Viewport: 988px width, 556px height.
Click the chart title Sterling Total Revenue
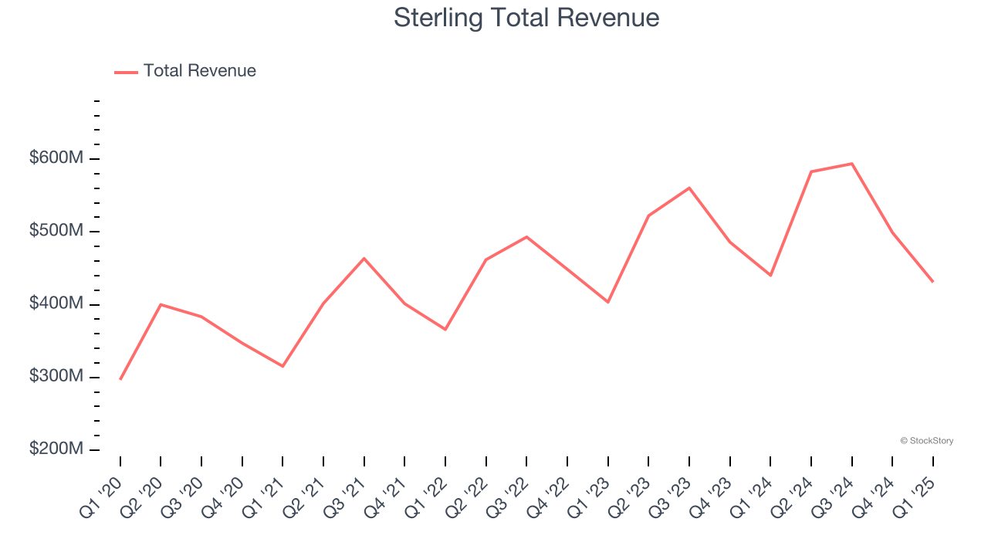tap(526, 18)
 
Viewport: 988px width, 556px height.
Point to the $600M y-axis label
tap(56, 158)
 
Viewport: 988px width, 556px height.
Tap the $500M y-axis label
tap(56, 231)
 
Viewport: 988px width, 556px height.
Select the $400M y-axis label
tap(56, 304)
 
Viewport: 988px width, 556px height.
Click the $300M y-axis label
tap(56, 377)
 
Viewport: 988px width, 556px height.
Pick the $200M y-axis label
tap(56, 449)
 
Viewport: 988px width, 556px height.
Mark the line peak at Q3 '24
tap(851, 164)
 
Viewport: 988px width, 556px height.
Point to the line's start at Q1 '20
tap(120, 379)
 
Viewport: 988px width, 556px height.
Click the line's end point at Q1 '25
tap(932, 282)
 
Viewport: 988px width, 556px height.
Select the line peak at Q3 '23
tap(689, 188)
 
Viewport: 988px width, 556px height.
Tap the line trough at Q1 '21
tap(283, 366)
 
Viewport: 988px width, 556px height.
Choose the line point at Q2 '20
tap(161, 304)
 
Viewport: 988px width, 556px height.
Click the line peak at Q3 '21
tap(364, 258)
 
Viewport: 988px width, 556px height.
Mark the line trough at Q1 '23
tap(607, 302)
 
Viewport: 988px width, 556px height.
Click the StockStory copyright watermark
tap(926, 441)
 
